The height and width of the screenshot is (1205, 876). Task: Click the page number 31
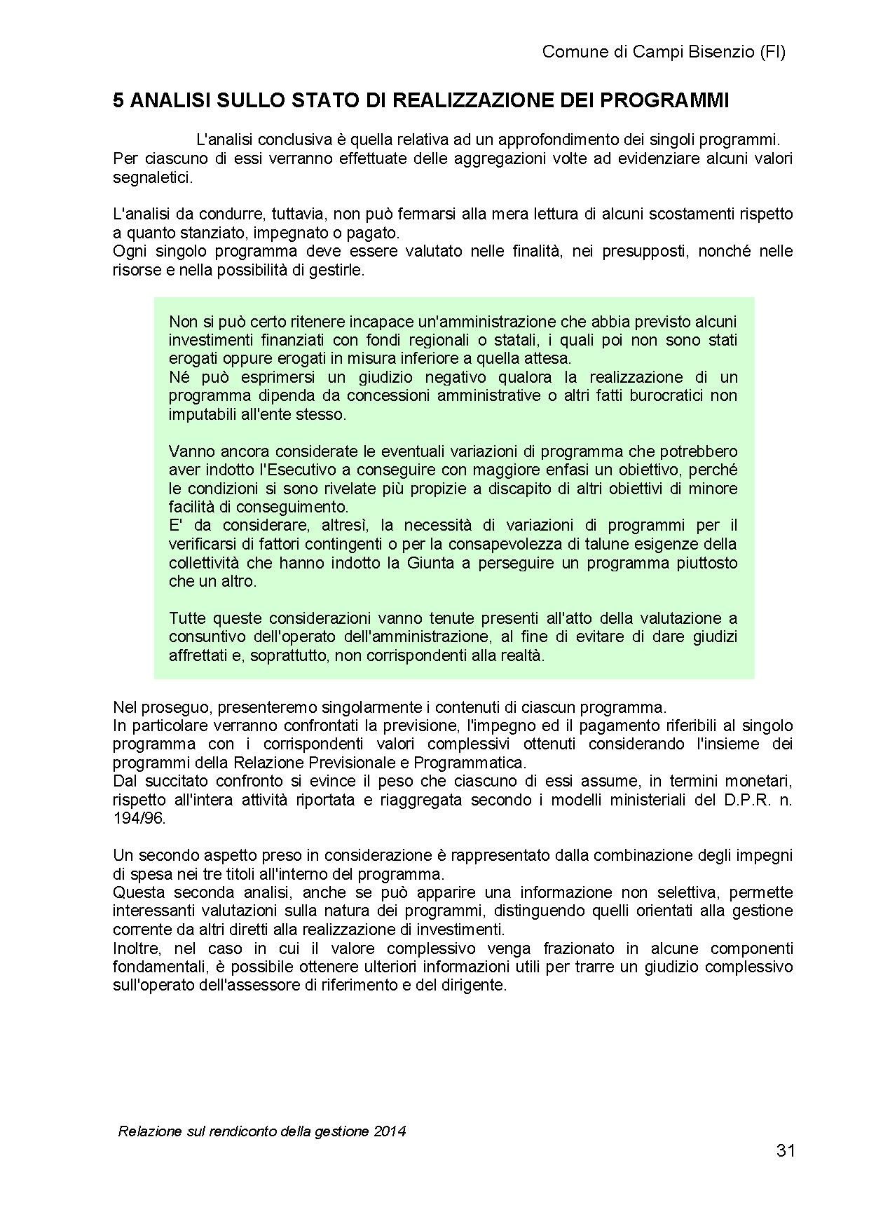[x=786, y=1150]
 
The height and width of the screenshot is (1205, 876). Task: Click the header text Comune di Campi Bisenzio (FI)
[x=664, y=52]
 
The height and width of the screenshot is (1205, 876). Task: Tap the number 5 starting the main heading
[x=118, y=101]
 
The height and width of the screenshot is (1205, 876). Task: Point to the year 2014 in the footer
[x=390, y=1131]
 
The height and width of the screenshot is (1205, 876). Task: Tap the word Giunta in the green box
[x=428, y=562]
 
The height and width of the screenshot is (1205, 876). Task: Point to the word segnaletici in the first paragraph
[x=151, y=177]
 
